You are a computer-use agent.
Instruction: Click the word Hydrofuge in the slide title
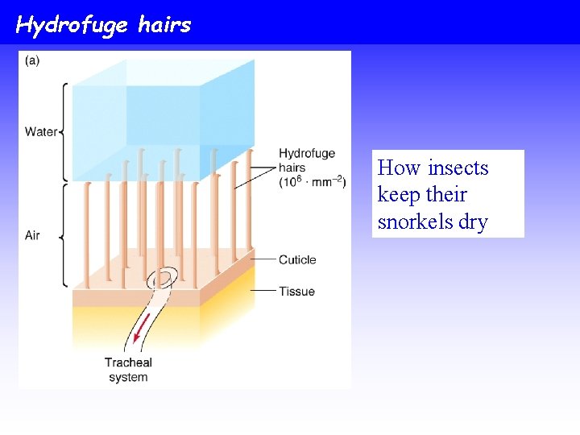tap(72, 25)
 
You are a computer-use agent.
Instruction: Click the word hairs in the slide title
tap(164, 24)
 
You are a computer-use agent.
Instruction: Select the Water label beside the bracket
tap(40, 131)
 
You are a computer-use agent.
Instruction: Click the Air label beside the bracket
tap(32, 235)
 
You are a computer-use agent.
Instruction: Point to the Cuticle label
tap(296, 259)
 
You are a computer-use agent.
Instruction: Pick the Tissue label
tap(296, 291)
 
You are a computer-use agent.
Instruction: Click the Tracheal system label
tap(127, 370)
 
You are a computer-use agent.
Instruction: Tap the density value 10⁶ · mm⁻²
tap(312, 182)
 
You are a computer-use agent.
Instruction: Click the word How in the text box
tap(399, 168)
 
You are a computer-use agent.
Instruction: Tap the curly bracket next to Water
tap(64, 131)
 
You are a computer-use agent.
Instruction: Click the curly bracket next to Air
tap(64, 235)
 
